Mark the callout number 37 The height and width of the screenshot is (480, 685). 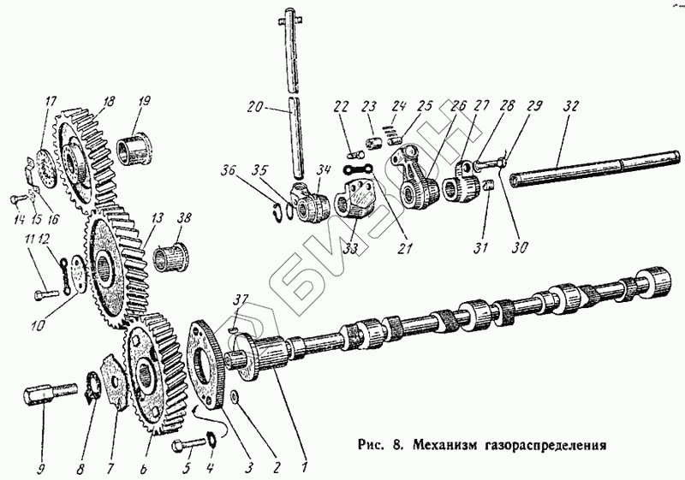241,299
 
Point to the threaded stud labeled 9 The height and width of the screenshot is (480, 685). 42,399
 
